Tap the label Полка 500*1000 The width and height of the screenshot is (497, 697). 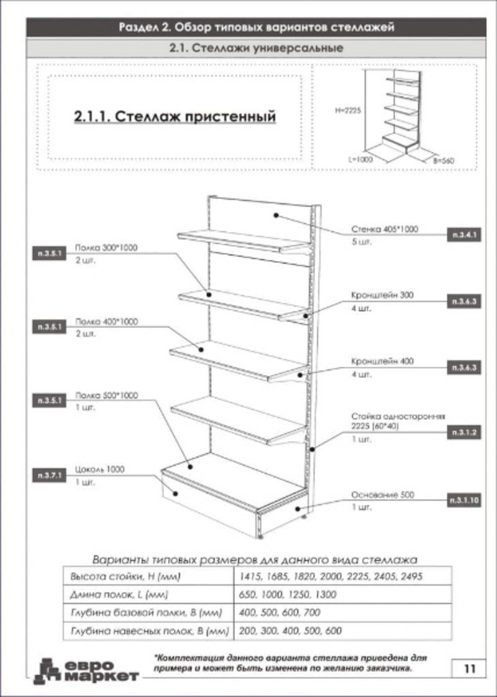tap(106, 395)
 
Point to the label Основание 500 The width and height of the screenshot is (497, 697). tap(382, 495)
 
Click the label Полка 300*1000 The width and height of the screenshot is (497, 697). tap(106, 247)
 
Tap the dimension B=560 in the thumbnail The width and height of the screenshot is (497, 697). tap(443, 161)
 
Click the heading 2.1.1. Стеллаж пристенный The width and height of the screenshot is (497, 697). tap(175, 116)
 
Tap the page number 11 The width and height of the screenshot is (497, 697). tap(469, 669)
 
